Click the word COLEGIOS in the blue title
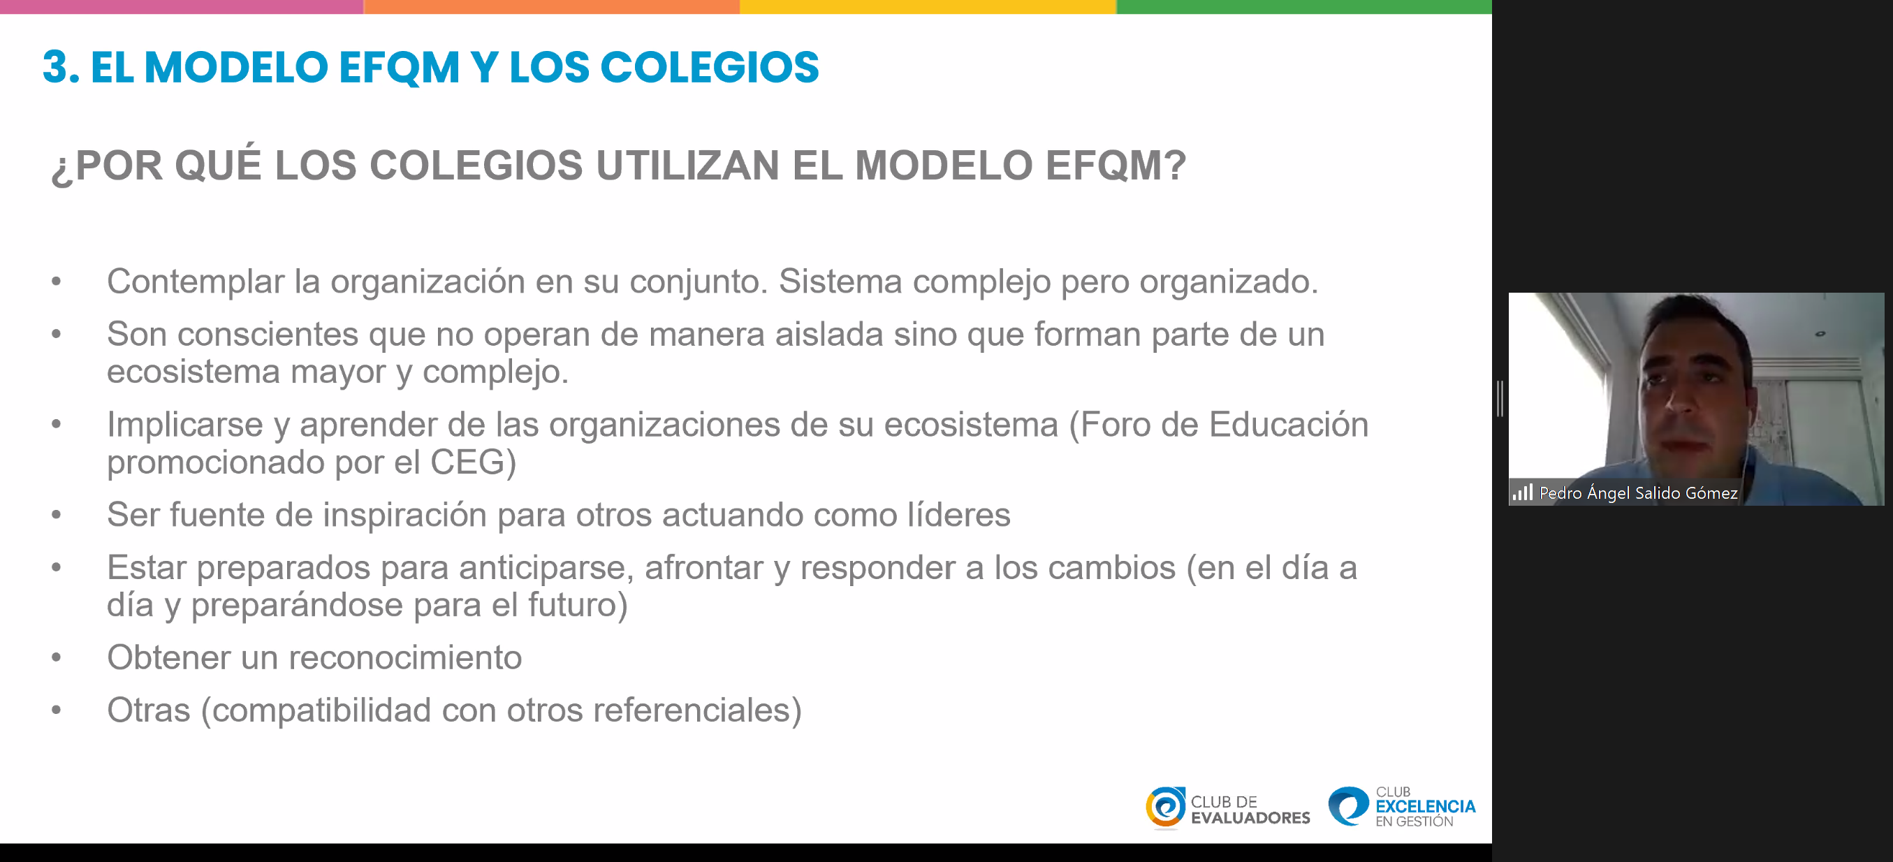[x=709, y=67]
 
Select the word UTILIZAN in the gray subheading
[x=687, y=166]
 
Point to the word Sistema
[x=840, y=282]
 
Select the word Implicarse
[x=185, y=425]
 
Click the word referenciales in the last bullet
[x=691, y=710]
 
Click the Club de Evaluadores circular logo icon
[x=1164, y=808]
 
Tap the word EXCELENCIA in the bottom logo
[x=1425, y=806]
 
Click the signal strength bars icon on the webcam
[x=1523, y=492]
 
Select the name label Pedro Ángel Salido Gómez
[x=1638, y=492]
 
